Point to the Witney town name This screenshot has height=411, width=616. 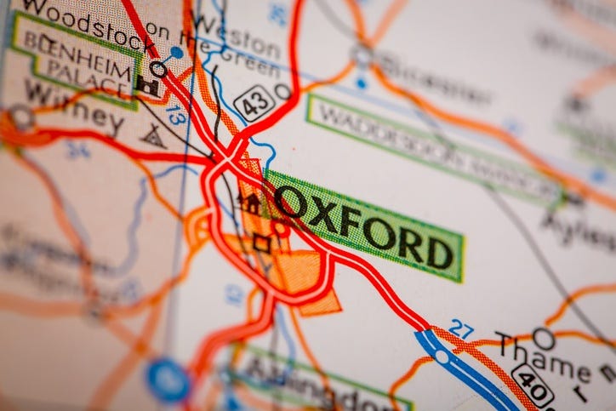pos(73,106)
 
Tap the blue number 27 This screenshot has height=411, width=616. pos(461,328)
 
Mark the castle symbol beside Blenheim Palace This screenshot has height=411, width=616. pos(146,85)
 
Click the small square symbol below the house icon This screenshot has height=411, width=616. pos(261,243)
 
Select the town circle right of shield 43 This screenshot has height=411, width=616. pos(283,91)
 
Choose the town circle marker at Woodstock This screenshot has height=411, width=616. pos(158,69)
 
